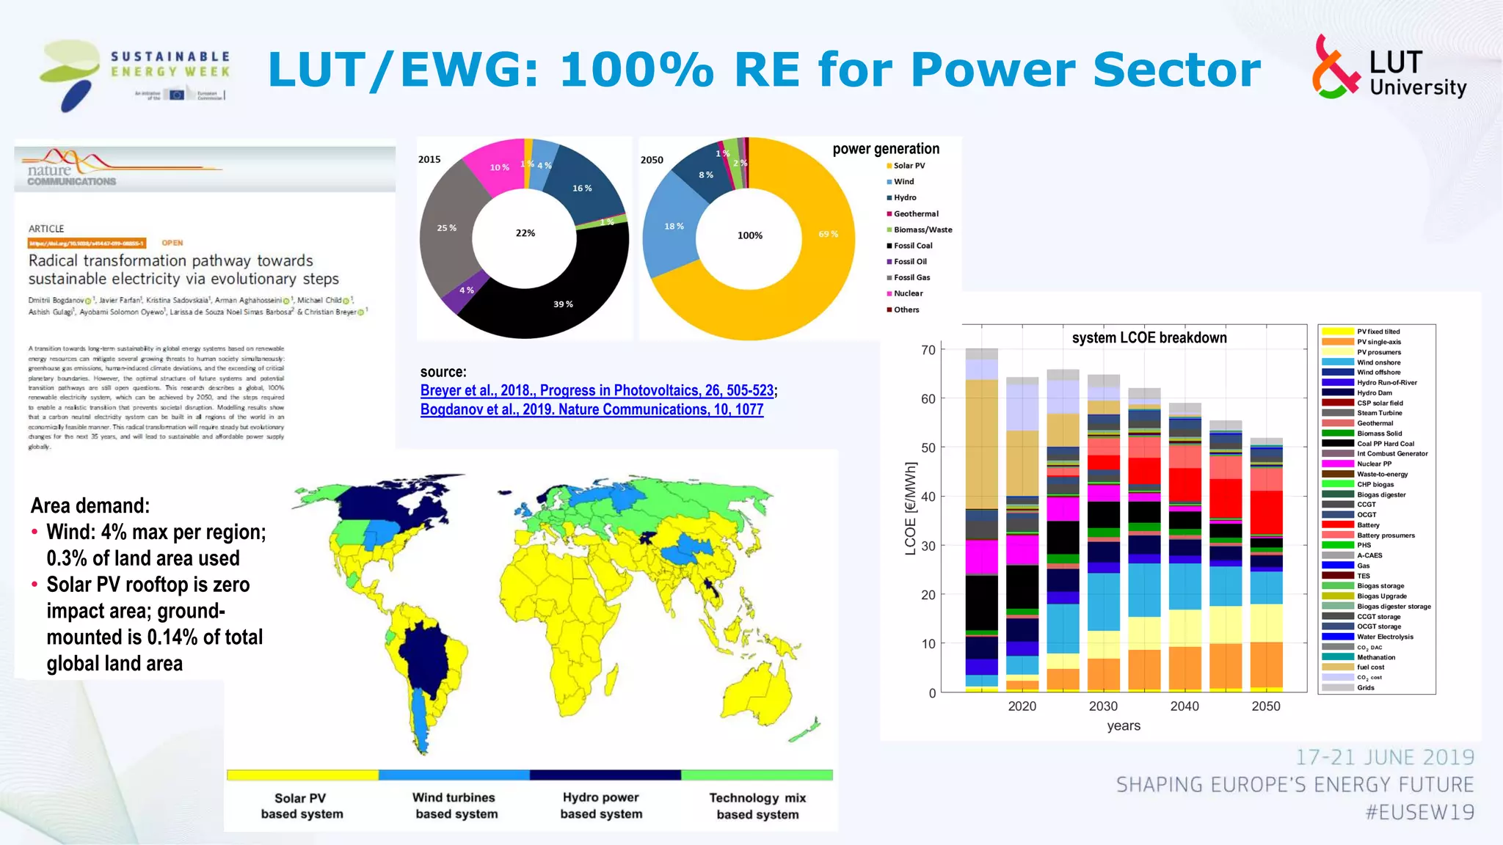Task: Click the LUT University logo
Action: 1389,68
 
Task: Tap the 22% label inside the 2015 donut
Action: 525,233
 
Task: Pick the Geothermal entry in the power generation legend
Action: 915,214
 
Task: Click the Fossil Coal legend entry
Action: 912,246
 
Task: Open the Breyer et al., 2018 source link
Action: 597,391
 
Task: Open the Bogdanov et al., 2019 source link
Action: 592,410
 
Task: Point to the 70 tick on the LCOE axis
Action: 928,351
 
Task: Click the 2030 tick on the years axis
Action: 1103,706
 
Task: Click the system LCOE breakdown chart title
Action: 1149,338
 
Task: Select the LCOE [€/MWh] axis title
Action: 911,508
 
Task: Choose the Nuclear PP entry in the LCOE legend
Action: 1373,464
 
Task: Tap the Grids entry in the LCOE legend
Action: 1365,688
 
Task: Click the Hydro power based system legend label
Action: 601,805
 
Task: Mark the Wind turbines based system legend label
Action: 456,805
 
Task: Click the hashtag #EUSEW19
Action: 1419,813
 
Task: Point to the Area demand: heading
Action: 90,506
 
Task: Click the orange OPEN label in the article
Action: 172,243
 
